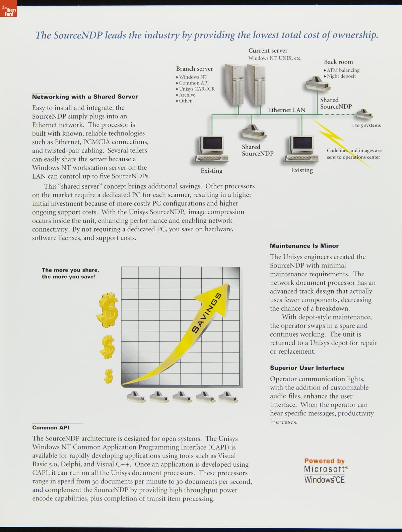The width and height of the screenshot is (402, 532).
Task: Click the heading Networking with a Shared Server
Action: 85,97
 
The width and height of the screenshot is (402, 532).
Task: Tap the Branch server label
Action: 194,69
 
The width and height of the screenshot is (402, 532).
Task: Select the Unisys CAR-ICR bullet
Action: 197,89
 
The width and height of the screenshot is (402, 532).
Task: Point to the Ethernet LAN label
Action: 286,110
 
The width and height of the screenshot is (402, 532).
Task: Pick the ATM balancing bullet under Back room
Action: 343,70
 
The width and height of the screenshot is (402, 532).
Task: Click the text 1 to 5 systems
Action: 366,125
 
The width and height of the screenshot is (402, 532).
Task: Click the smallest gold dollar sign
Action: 108,376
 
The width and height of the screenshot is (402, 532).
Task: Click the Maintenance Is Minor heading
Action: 304,246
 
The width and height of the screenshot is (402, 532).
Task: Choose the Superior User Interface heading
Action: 307,368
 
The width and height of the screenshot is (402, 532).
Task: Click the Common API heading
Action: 51,427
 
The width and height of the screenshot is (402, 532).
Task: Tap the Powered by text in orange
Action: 324,461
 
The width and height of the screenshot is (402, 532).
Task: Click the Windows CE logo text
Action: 324,480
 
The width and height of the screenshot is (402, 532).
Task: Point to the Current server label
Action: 268,51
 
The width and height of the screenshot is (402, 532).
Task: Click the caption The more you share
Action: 70,270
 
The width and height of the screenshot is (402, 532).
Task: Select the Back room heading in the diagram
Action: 338,62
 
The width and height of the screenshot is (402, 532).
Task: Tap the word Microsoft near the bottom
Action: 324,469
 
